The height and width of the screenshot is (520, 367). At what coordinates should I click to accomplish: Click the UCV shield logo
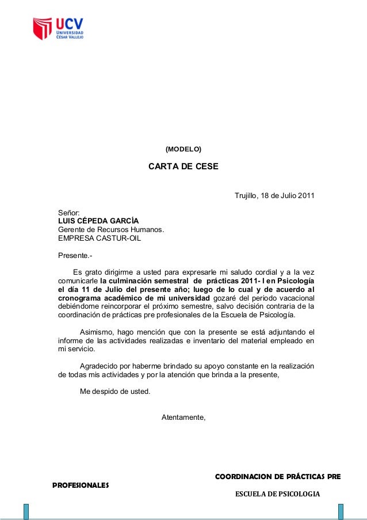point(42,28)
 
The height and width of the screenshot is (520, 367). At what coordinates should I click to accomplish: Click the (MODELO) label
point(183,149)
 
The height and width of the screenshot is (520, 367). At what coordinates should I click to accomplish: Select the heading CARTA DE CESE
point(183,168)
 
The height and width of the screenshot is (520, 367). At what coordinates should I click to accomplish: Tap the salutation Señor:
point(69,213)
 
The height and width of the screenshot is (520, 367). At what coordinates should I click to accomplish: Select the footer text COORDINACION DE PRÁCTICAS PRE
point(277,477)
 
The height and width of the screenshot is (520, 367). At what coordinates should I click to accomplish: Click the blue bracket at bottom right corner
point(341,511)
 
